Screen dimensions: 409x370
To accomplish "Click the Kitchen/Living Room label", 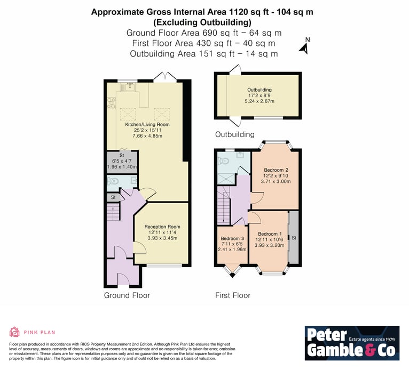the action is click(x=147, y=124).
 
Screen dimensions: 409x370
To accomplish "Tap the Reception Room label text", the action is click(x=162, y=227).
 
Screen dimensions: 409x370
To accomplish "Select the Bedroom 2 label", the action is click(x=276, y=170).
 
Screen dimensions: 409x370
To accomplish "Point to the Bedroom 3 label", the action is click(x=232, y=238).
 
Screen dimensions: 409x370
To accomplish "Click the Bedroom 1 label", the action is click(x=270, y=234).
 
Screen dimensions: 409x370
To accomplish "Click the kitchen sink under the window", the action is click(x=130, y=87).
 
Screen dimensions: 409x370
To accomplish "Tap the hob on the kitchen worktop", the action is click(x=112, y=103).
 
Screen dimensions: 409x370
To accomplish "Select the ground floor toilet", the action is click(x=113, y=180).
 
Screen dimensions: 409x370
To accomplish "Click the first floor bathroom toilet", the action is click(x=223, y=162).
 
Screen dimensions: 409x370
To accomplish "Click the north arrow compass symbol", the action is click(x=305, y=46).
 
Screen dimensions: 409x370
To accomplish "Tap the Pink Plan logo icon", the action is click(x=14, y=332).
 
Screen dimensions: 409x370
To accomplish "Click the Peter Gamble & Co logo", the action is click(x=352, y=343).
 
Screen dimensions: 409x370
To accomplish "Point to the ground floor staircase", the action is click(x=113, y=212).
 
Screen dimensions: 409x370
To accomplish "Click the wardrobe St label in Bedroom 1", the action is click(x=294, y=238).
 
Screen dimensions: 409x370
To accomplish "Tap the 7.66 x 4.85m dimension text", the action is click(x=147, y=136).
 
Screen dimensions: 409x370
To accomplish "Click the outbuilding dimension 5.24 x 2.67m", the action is click(x=259, y=101).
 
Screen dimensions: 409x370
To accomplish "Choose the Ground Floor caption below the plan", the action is click(x=127, y=295).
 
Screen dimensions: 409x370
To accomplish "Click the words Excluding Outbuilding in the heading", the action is click(x=202, y=22).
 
